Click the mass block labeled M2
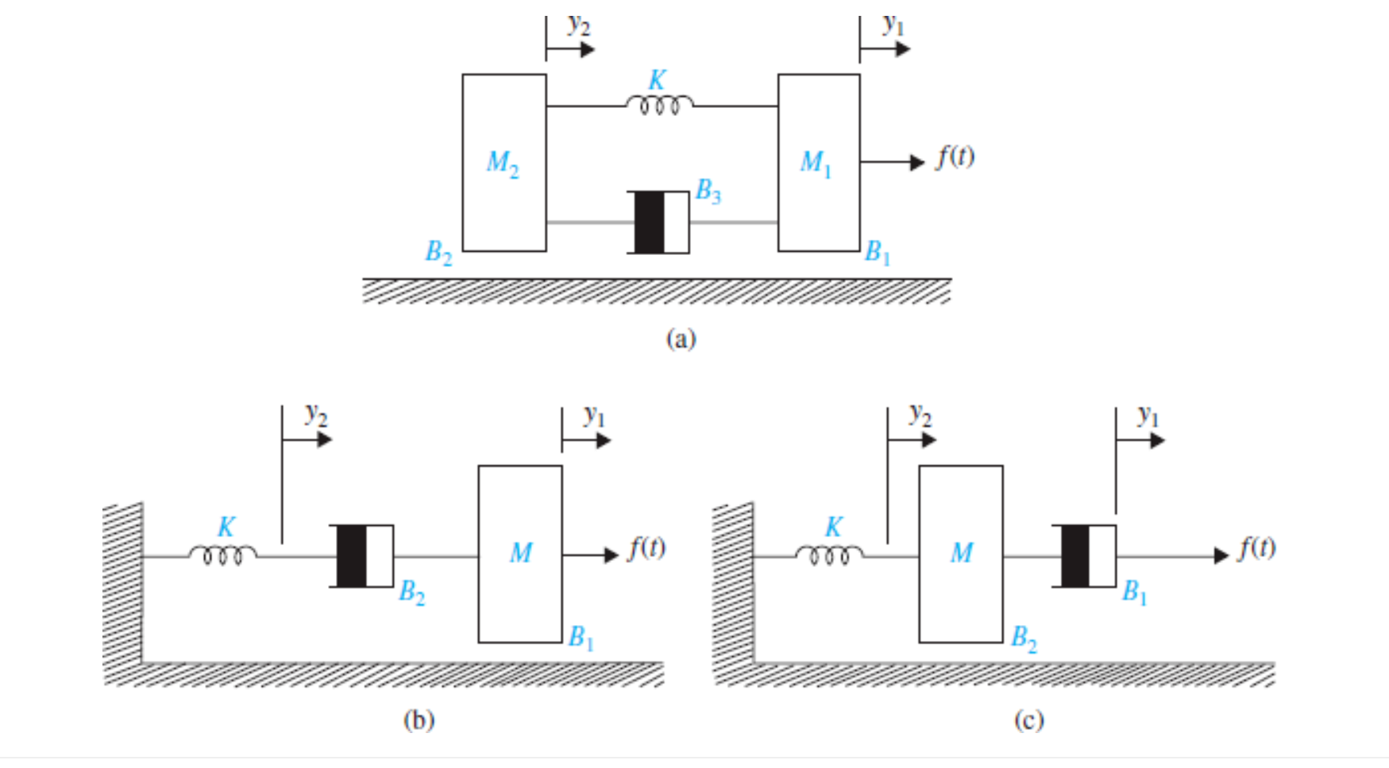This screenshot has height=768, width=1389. [504, 163]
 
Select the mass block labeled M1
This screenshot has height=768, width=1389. [818, 163]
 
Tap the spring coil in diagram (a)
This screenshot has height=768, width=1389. [658, 105]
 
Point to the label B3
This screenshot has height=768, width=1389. [708, 191]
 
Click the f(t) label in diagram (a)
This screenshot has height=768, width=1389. [955, 156]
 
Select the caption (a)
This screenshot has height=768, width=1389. [681, 339]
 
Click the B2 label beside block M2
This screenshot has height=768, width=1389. [438, 253]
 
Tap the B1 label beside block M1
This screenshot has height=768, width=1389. [878, 253]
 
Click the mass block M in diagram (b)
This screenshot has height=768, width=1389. [520, 554]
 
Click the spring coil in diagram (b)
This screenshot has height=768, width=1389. [222, 554]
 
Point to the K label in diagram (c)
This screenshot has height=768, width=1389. [833, 527]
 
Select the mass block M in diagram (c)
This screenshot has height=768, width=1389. [961, 554]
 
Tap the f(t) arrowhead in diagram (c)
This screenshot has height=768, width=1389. [1221, 556]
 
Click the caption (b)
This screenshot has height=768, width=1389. [419, 720]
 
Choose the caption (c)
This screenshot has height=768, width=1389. [1028, 720]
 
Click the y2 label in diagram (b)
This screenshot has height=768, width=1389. [316, 414]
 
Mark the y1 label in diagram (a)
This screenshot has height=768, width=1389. [893, 25]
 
